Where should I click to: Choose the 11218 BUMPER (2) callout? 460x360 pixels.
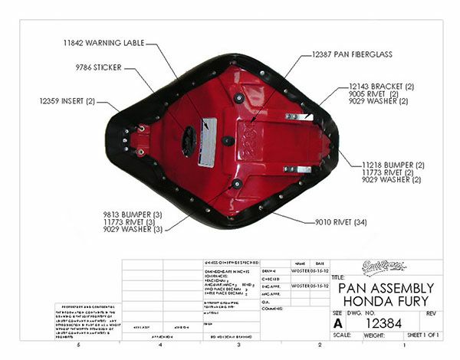pyautogui.click(x=393, y=165)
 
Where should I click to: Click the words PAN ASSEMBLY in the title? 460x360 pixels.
pyautogui.click(x=386, y=289)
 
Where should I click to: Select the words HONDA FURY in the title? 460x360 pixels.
pyautogui.click(x=386, y=302)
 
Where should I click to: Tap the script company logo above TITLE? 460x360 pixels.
pyautogui.click(x=386, y=267)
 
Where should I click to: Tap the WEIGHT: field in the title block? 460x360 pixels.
pyautogui.click(x=375, y=335)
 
